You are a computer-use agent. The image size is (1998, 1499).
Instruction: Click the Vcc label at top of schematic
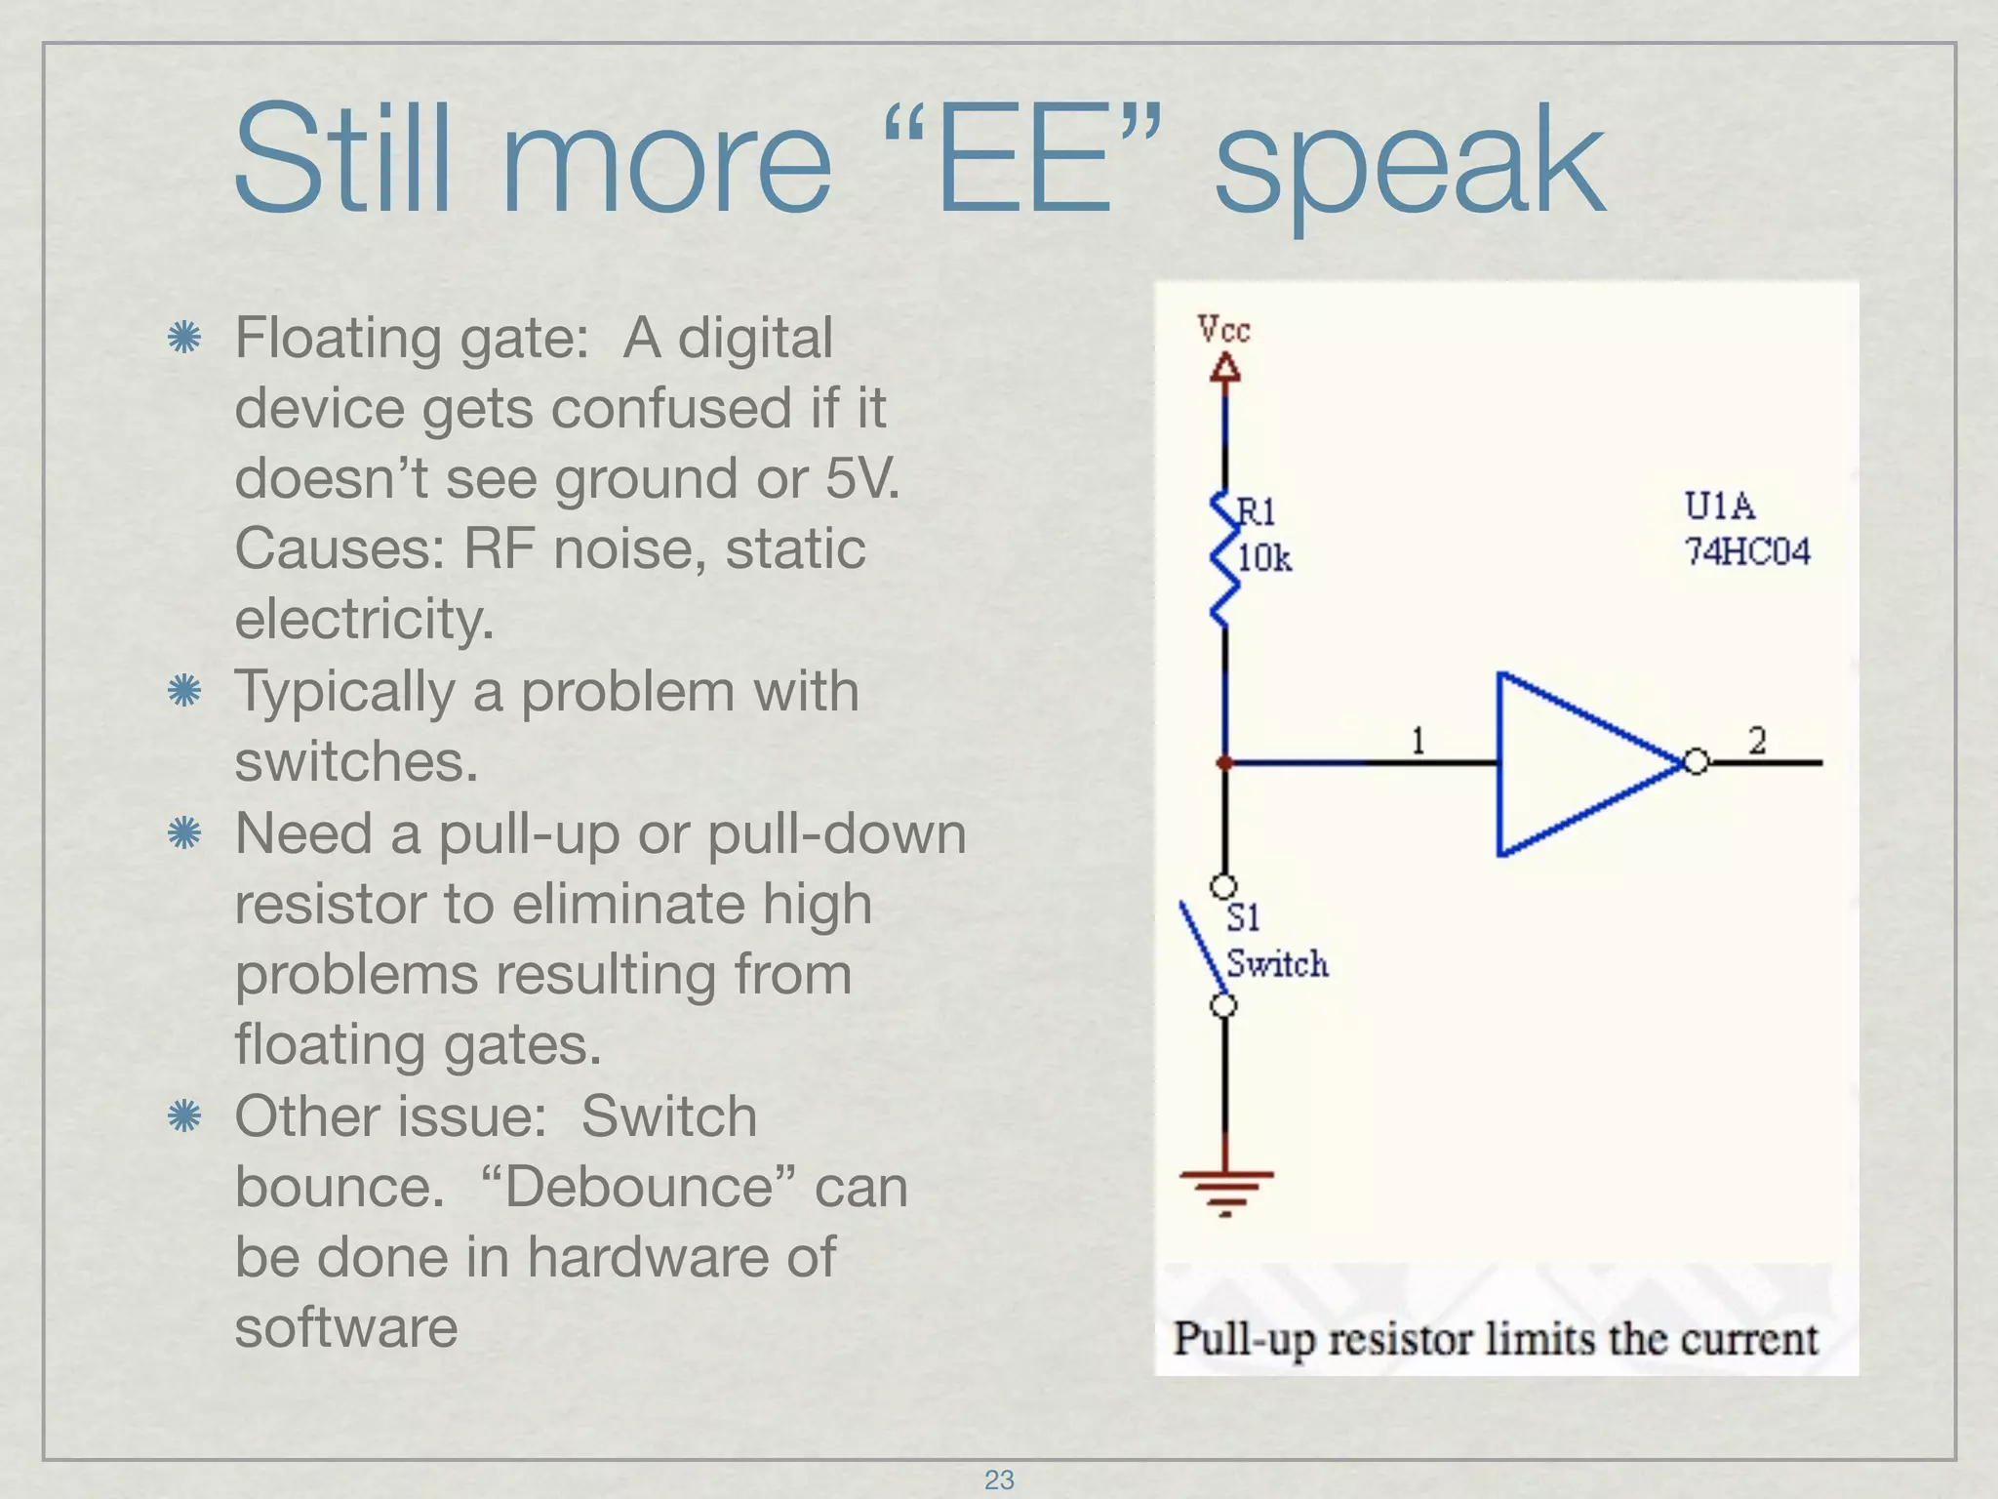click(1223, 329)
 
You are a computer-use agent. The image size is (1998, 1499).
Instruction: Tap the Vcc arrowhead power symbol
click(1225, 368)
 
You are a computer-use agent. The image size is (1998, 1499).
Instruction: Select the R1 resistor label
click(1257, 510)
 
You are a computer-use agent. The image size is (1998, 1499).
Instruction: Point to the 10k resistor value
click(1264, 558)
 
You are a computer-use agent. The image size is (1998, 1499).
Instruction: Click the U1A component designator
click(1719, 506)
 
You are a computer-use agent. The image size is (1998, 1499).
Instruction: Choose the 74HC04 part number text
click(1747, 552)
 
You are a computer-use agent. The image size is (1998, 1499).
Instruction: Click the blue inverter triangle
click(1571, 763)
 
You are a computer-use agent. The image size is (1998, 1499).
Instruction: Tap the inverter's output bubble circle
click(1697, 762)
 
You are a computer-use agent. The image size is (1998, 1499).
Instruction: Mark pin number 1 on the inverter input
click(1419, 741)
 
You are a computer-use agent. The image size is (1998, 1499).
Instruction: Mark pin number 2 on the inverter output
click(1757, 741)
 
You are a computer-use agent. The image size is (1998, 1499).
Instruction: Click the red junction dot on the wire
click(1225, 763)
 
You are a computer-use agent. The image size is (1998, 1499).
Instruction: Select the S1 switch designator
click(1243, 917)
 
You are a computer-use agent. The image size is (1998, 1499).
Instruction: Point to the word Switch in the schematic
click(1277, 964)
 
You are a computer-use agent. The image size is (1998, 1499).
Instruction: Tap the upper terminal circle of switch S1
click(1223, 886)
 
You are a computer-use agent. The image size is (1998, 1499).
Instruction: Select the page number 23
click(999, 1479)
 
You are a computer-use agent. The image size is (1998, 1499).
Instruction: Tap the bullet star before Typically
click(183, 692)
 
